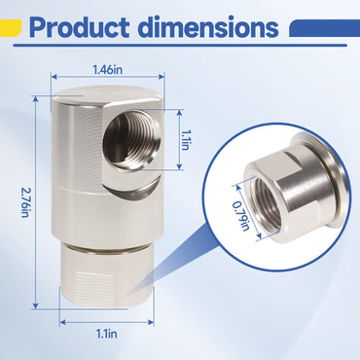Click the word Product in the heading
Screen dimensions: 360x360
[80, 27]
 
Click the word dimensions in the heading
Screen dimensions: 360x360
[209, 27]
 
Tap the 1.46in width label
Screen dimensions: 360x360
[108, 70]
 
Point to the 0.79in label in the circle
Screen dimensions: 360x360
[241, 216]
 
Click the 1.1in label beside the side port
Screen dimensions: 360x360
[185, 140]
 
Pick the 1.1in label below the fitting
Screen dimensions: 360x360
[107, 334]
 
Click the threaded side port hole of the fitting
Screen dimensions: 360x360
[131, 139]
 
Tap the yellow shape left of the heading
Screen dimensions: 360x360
[11, 27]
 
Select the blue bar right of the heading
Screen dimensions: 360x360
[324, 28]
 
